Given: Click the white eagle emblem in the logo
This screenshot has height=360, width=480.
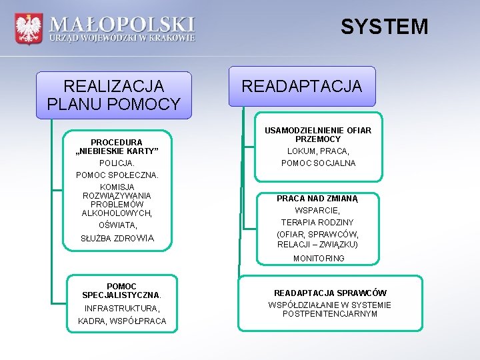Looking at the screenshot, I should (x=28, y=29).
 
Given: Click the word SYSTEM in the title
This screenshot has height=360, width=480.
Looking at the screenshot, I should (x=384, y=27).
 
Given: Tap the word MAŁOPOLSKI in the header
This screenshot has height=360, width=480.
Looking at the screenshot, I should (x=123, y=25).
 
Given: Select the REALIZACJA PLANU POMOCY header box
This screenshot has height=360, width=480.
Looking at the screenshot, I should (x=113, y=95).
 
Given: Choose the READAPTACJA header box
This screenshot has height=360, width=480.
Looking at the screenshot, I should (x=301, y=86).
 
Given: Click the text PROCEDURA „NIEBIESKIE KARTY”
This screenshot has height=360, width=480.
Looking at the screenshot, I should (x=117, y=147).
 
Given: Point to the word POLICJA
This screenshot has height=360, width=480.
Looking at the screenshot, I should (x=117, y=163).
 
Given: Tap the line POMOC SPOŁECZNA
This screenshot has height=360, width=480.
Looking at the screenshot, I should (x=117, y=175).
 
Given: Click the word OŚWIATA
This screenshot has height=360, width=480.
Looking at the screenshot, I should (x=117, y=225).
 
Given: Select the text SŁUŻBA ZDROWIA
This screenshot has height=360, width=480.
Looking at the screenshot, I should (x=117, y=238).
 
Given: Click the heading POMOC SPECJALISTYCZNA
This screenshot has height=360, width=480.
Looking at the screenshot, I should (x=121, y=291).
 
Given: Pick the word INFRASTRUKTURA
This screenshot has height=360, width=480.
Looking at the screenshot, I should (x=122, y=309).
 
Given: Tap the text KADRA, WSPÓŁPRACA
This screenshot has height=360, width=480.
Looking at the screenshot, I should (x=122, y=321).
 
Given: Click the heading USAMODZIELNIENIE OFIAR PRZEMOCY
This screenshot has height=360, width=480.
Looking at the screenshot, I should (x=318, y=135).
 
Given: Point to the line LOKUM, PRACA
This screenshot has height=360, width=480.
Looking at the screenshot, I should (x=318, y=151).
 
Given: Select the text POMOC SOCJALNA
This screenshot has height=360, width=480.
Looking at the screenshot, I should (x=318, y=163).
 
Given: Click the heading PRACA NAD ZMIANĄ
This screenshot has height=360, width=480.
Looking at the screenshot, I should (x=318, y=198).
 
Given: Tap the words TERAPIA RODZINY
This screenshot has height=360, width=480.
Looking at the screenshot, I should (x=317, y=222).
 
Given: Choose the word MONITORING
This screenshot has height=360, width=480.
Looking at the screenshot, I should (x=319, y=258).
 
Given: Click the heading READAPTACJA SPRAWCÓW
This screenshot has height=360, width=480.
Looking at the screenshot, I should (x=330, y=293).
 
